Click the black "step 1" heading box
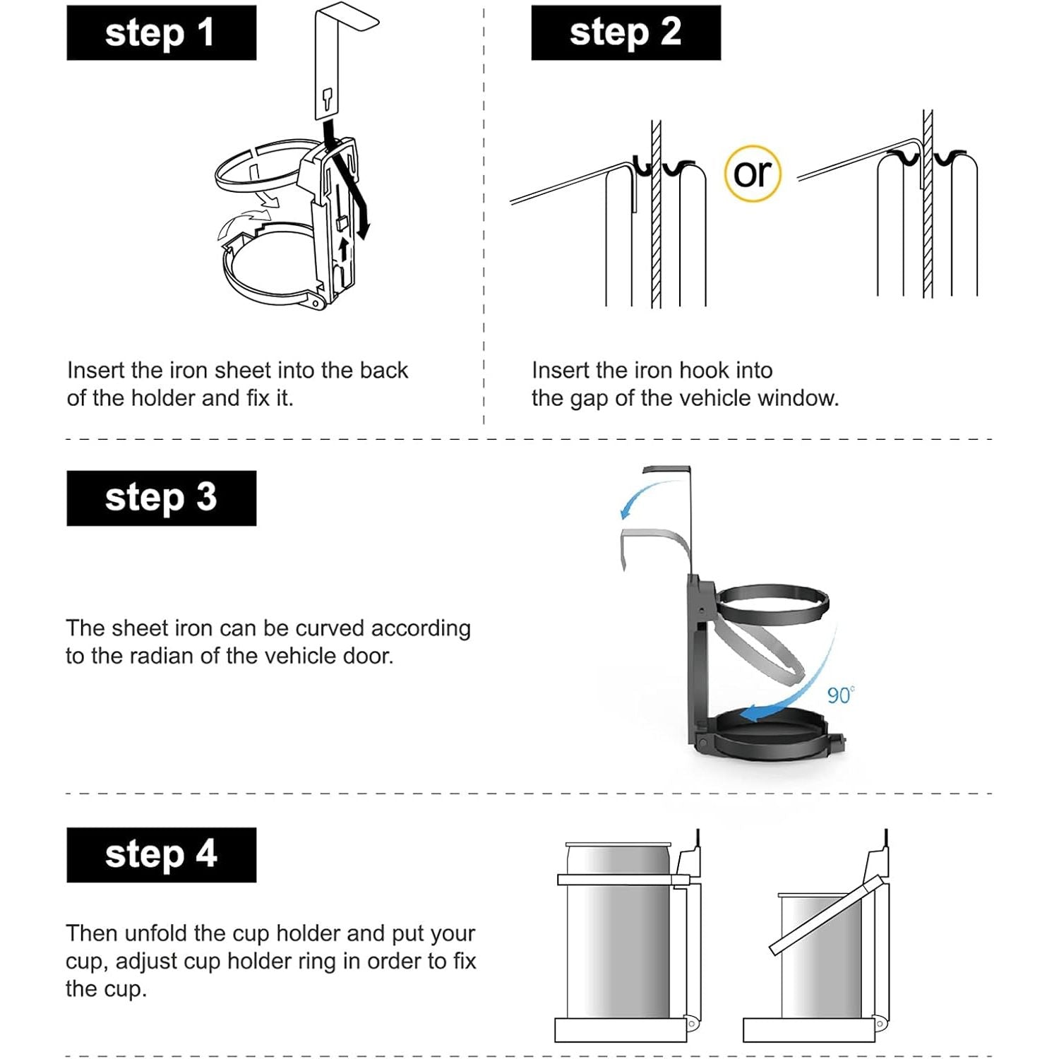click(161, 32)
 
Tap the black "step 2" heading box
click(626, 32)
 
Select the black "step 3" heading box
click(161, 498)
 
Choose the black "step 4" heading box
click(161, 854)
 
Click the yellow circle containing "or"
click(753, 173)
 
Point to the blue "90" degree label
click(840, 695)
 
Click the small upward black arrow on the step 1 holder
click(344, 249)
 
